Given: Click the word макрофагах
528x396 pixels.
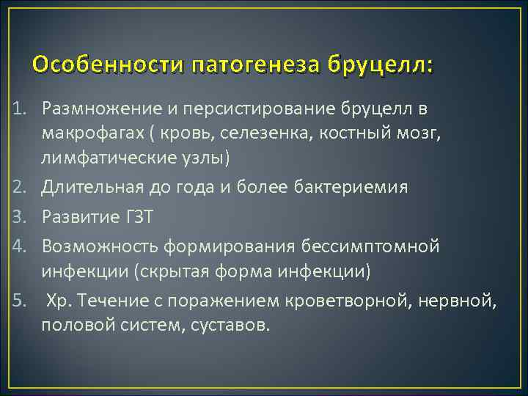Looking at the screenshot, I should (x=88, y=135).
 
